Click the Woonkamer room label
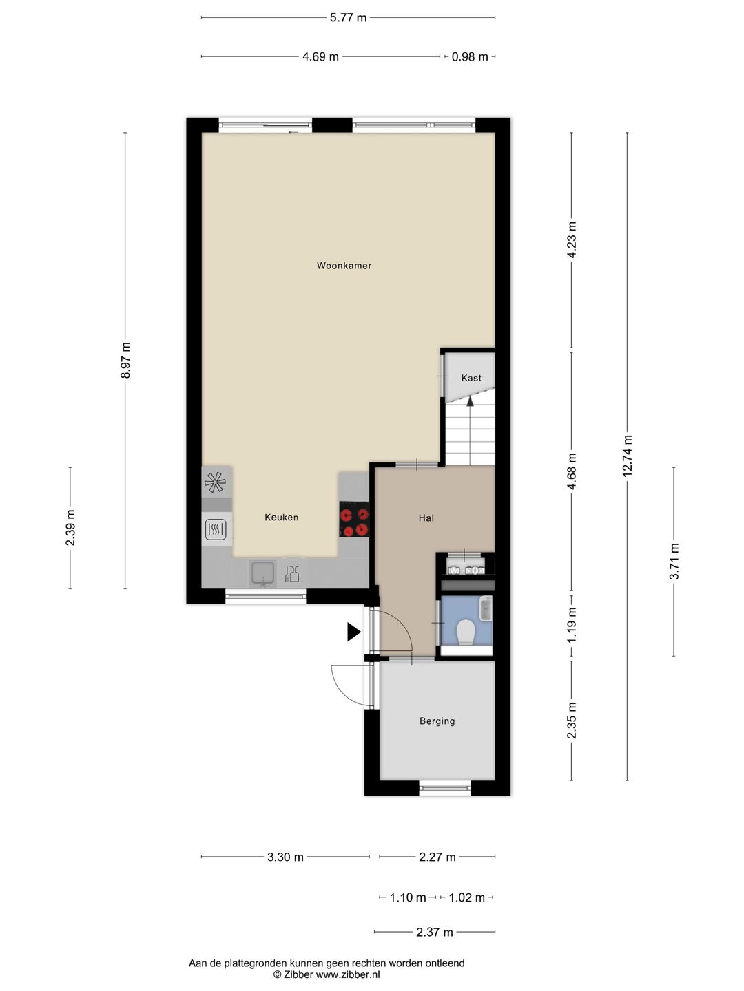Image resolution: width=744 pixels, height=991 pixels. (344, 266)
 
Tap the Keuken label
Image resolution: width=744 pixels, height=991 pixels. (281, 518)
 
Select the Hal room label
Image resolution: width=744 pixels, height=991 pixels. (426, 518)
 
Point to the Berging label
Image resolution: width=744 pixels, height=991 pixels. (437, 721)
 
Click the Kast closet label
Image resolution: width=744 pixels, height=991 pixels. (471, 378)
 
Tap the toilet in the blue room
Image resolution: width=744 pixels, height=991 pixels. (465, 632)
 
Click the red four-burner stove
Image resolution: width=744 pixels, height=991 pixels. (353, 519)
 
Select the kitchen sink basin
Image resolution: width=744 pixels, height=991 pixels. (263, 573)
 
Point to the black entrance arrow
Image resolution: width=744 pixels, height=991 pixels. (353, 632)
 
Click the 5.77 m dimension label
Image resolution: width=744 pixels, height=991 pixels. (348, 18)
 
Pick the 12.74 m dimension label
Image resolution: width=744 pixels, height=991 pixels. (627, 456)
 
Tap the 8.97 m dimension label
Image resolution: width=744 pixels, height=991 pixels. (125, 361)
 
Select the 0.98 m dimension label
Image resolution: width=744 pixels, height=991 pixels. (470, 57)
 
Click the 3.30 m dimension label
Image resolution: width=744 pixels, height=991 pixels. (285, 857)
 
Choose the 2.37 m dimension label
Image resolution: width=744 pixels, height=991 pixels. (435, 932)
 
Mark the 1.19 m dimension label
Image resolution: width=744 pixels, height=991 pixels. (572, 626)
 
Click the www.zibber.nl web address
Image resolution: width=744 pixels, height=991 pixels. (348, 974)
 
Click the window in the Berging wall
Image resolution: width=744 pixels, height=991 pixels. (445, 789)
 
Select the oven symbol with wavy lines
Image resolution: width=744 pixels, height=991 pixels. (216, 529)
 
